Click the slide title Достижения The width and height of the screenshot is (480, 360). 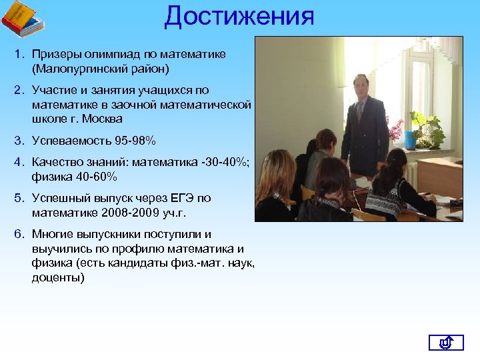239,16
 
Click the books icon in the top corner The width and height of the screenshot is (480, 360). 22,19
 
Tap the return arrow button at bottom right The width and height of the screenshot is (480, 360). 445,343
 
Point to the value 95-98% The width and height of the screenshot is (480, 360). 132,140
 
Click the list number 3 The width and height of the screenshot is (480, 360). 19,140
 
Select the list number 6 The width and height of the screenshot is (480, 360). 19,234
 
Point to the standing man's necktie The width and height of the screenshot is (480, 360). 361,111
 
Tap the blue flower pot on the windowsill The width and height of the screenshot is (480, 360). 410,141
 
